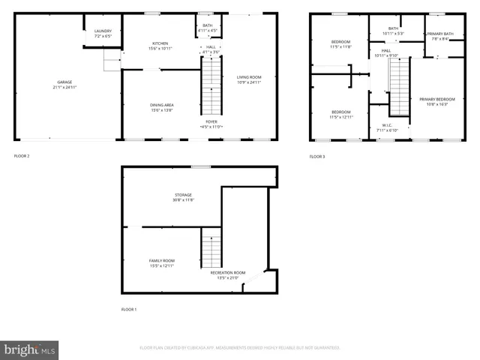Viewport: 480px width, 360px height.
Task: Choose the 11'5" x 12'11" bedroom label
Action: pos(341,114)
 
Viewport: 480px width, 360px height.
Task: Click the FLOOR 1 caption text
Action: pos(130,309)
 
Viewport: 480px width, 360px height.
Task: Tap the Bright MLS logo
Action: pos(30,349)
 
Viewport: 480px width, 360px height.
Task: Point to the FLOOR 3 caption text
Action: pos(319,156)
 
